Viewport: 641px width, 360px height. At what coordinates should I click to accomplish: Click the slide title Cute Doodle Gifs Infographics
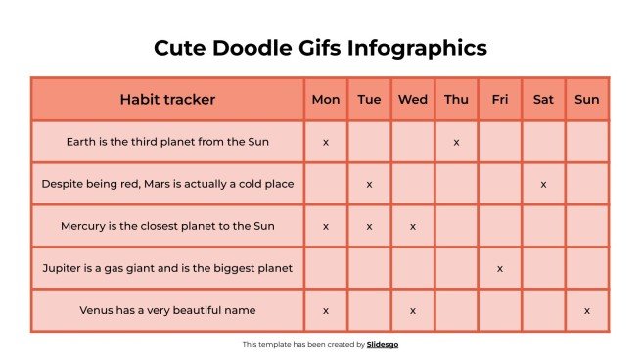click(x=320, y=48)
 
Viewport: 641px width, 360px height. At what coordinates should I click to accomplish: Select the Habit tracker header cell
click(x=167, y=99)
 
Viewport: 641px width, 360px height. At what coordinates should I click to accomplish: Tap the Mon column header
click(x=326, y=99)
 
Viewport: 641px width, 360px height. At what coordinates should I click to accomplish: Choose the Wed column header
click(x=413, y=99)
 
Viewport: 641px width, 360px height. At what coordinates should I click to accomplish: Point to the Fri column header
click(x=500, y=99)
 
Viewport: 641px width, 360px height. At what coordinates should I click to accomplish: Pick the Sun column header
click(x=587, y=99)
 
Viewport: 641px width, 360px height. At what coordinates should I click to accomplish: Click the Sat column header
click(x=543, y=99)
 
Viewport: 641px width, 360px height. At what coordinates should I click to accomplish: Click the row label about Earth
click(x=167, y=142)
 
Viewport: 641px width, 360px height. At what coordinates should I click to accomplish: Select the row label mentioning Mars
click(x=167, y=184)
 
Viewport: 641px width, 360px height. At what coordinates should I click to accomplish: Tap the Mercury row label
click(x=167, y=226)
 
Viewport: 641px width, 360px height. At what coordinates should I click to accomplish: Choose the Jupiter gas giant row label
click(x=167, y=268)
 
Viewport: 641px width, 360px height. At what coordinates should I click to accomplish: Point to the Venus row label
click(x=167, y=310)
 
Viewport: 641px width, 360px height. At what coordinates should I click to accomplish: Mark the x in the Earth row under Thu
click(x=457, y=143)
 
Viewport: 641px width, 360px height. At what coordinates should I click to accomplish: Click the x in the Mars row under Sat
click(x=543, y=184)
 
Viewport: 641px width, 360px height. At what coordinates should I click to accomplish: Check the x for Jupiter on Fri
click(x=500, y=268)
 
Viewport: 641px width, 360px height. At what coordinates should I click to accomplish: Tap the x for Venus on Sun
click(x=587, y=311)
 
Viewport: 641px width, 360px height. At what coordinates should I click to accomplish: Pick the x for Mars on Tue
click(x=370, y=184)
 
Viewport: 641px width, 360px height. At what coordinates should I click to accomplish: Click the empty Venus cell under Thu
click(x=457, y=310)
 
